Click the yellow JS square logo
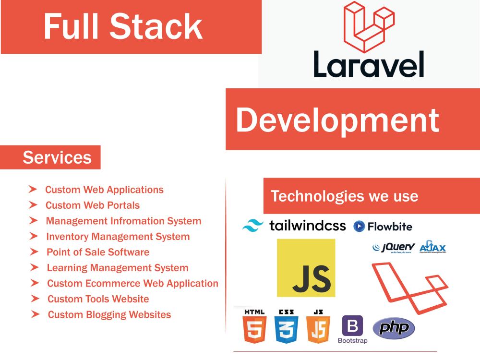tap(306, 268)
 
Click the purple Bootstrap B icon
tap(352, 326)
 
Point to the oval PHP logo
tap(394, 328)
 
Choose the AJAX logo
tap(432, 247)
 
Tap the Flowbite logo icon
tap(359, 226)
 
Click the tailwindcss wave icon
tap(253, 226)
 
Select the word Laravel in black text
tap(369, 64)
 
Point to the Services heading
tap(57, 157)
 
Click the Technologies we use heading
tap(344, 196)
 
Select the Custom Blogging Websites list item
tap(109, 314)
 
